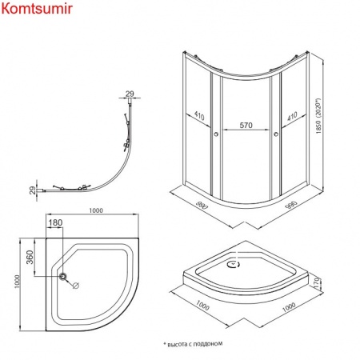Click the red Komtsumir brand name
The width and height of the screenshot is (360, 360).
37,8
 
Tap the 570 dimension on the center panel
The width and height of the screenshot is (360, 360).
246,125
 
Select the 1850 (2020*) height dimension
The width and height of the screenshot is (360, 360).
318,116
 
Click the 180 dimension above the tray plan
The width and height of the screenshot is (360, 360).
56,222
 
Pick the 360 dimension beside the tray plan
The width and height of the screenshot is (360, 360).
30,257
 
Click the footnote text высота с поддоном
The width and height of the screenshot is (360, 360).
193,344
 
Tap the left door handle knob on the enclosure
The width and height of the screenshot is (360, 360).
216,134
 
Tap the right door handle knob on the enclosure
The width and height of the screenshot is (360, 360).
276,134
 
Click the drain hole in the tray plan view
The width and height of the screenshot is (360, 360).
63,276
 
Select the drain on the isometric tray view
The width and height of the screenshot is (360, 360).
233,265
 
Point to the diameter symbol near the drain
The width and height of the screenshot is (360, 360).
76,286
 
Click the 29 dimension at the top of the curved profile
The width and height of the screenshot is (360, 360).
130,94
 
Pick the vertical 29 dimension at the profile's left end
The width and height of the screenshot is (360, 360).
32,190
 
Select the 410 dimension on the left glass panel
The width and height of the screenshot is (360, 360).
199,115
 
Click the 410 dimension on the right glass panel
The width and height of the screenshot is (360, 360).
292,116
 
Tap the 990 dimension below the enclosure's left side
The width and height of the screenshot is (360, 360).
202,205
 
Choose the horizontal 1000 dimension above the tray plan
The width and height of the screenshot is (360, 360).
96,210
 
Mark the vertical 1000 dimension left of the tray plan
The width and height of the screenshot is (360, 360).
18,282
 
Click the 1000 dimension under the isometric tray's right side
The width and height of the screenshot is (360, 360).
289,307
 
